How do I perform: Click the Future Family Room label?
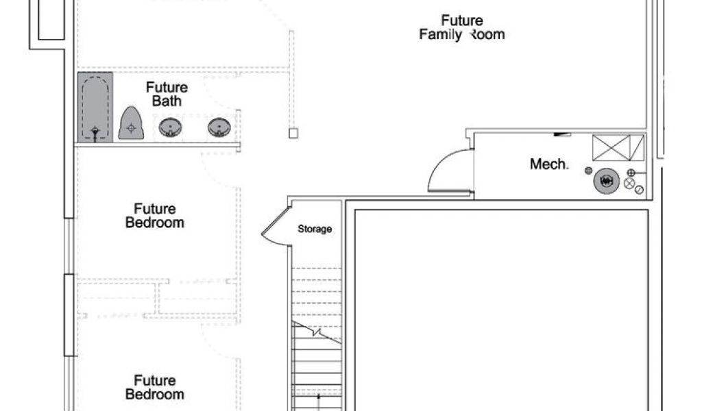[x=461, y=27]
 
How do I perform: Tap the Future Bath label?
[x=167, y=95]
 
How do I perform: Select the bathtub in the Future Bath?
[x=95, y=108]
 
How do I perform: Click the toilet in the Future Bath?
[x=130, y=124]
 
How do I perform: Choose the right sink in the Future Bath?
[x=219, y=127]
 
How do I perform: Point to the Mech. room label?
[x=549, y=164]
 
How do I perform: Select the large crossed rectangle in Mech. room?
[x=611, y=147]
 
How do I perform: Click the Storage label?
[x=315, y=229]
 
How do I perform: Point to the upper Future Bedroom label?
[x=154, y=216]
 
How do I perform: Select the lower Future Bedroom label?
[x=154, y=387]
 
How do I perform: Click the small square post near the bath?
[x=293, y=133]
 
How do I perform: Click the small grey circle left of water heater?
[x=588, y=170]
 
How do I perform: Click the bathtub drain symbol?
[x=95, y=129]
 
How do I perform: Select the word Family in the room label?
[x=440, y=34]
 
